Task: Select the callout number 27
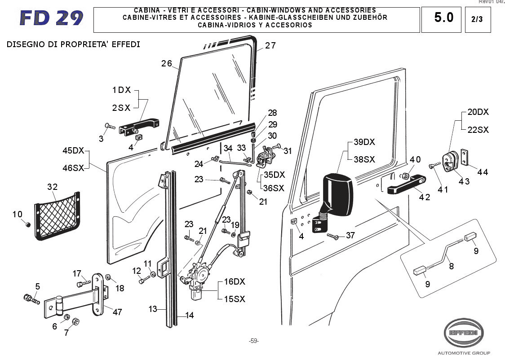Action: [270, 45]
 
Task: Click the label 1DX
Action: [121, 90]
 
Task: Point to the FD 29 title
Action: [51, 18]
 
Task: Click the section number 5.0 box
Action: [443, 18]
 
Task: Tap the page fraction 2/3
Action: [476, 19]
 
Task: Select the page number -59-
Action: [254, 341]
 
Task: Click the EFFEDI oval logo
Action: [465, 333]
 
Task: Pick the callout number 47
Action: [117, 312]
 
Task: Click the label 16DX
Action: [234, 282]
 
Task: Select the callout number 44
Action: [482, 172]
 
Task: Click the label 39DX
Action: [364, 142]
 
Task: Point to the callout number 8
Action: [451, 266]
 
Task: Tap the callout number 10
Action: [17, 215]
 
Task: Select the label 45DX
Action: [73, 150]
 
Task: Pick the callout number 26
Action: [167, 63]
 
